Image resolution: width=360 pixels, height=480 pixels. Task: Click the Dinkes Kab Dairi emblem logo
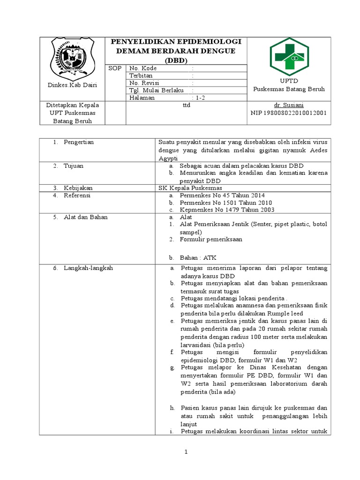coord(72,58)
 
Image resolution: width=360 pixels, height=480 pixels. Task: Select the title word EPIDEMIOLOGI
coord(208,42)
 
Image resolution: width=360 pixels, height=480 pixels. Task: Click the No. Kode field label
coord(143,68)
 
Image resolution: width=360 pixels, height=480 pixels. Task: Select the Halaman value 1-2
coord(200,97)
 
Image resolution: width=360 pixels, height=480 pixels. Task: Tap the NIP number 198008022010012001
coord(289,113)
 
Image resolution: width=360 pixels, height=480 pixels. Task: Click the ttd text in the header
coord(186,105)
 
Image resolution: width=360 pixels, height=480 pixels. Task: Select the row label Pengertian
coord(79,142)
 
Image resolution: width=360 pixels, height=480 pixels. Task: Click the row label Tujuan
coord(74,165)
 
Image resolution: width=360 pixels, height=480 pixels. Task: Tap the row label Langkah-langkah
coord(88,268)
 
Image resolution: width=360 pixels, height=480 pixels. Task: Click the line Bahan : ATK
coord(198,258)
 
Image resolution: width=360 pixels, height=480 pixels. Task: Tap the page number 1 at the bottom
coord(186,452)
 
